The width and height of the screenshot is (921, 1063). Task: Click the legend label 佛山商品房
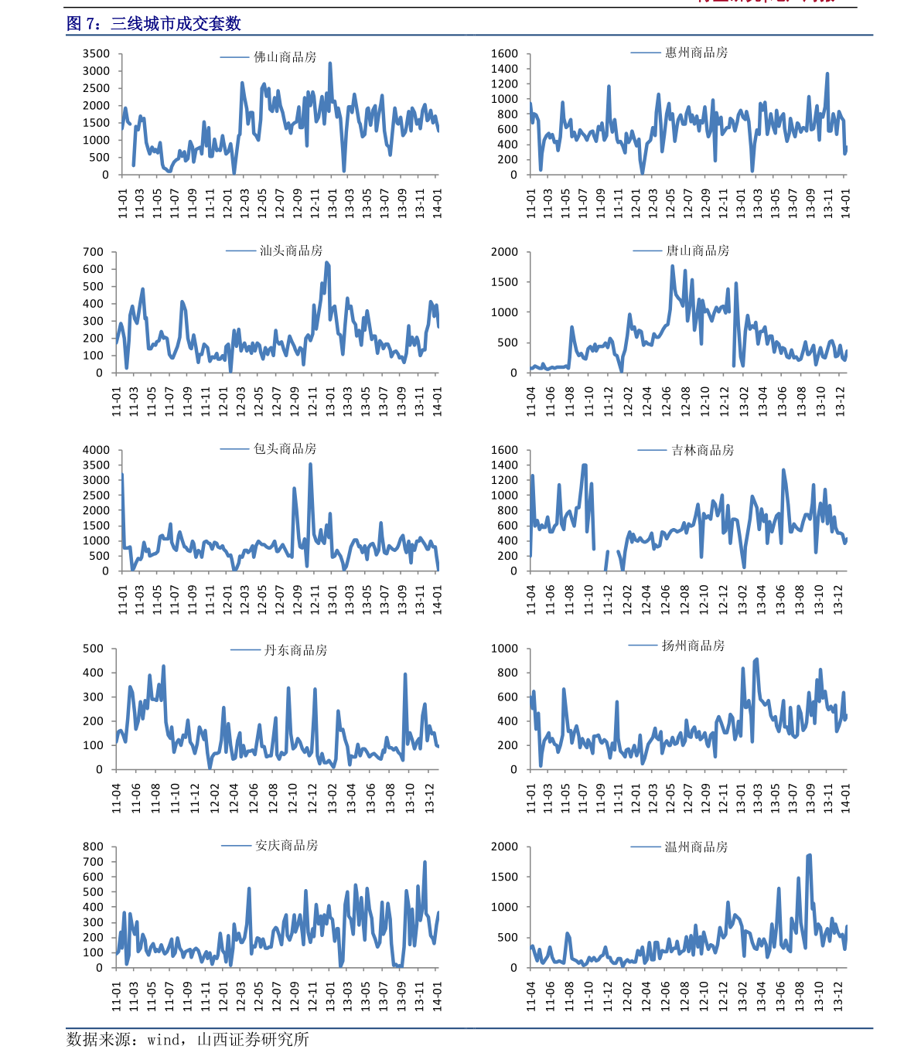[x=285, y=57]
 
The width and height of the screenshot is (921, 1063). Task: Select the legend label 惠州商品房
[x=696, y=53]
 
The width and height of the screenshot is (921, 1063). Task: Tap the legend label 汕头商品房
[x=291, y=250]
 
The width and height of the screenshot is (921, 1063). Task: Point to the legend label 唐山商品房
[x=698, y=250]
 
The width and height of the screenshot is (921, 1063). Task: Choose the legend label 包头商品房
[x=285, y=448]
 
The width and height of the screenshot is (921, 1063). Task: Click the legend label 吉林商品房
[x=702, y=450]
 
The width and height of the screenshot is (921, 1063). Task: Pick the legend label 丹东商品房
[x=295, y=650]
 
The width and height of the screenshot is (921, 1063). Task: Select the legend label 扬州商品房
[x=693, y=646]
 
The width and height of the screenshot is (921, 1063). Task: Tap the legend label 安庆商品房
[x=286, y=845]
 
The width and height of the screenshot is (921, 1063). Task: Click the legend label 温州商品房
[x=696, y=847]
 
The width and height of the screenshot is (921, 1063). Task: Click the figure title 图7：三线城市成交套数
[x=154, y=24]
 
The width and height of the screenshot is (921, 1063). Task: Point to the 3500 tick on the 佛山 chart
[x=97, y=54]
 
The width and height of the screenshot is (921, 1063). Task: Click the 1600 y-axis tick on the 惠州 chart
[x=504, y=54]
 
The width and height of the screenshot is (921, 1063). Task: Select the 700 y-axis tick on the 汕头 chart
[x=93, y=252]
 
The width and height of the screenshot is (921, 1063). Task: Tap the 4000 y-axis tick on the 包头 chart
[x=97, y=450]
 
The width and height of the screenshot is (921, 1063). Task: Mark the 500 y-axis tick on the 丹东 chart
[x=93, y=649]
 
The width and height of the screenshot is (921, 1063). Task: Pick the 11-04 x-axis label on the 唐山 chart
[x=531, y=401]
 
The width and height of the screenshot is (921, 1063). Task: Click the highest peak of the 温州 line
[x=809, y=855]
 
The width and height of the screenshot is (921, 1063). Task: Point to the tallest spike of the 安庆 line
[x=425, y=862]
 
